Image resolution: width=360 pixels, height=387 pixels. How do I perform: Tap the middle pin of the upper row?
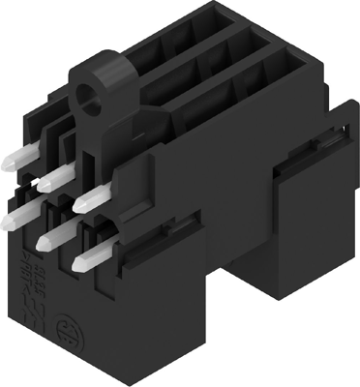click(x=55, y=176)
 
